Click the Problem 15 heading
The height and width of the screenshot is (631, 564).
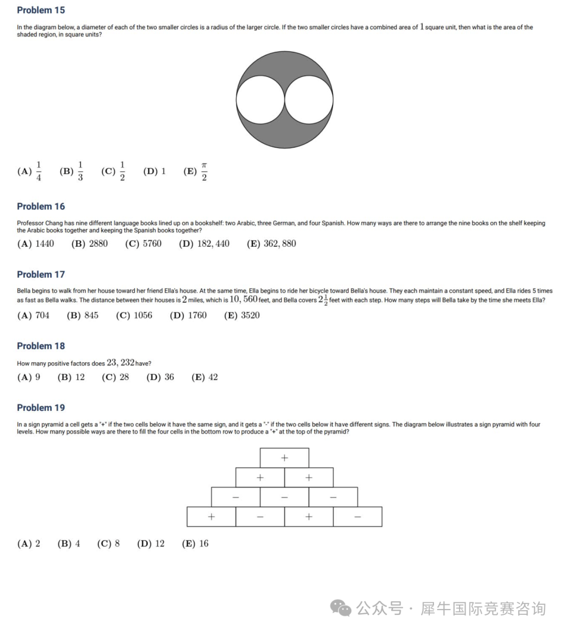(x=41, y=10)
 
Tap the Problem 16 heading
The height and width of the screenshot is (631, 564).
(x=41, y=206)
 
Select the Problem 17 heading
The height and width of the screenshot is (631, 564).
(x=41, y=274)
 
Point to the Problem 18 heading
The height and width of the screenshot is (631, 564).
(x=41, y=346)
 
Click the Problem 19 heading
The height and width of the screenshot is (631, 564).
(x=41, y=408)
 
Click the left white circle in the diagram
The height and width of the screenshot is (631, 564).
(x=260, y=100)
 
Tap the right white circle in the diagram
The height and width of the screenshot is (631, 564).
(x=309, y=100)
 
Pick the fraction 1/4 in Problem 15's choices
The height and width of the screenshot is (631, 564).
(x=39, y=171)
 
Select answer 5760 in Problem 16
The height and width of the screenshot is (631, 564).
(x=152, y=243)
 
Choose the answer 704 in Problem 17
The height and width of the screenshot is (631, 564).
(x=42, y=315)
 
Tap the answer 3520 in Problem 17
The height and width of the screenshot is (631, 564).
(x=250, y=315)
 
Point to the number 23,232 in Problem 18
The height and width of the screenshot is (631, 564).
(x=121, y=362)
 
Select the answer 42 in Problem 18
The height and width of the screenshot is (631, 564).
(x=213, y=377)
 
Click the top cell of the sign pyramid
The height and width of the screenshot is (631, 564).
(x=284, y=458)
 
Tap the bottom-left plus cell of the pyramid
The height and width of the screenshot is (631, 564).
(x=211, y=517)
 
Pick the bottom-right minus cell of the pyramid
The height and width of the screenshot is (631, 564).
(x=357, y=517)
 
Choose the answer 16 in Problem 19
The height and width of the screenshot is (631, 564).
(x=204, y=543)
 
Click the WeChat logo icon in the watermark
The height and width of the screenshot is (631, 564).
(x=340, y=608)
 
